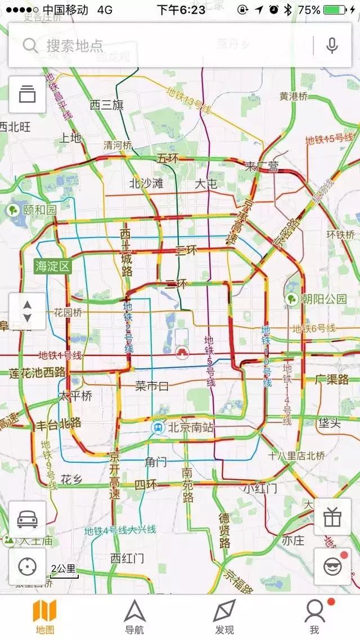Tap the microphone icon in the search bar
(332, 46)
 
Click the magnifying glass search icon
(30, 46)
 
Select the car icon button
(27, 520)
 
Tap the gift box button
(332, 517)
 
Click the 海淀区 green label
(53, 265)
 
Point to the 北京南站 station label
(184, 427)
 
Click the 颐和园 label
(33, 210)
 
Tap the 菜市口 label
(152, 386)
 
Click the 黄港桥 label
(294, 96)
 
